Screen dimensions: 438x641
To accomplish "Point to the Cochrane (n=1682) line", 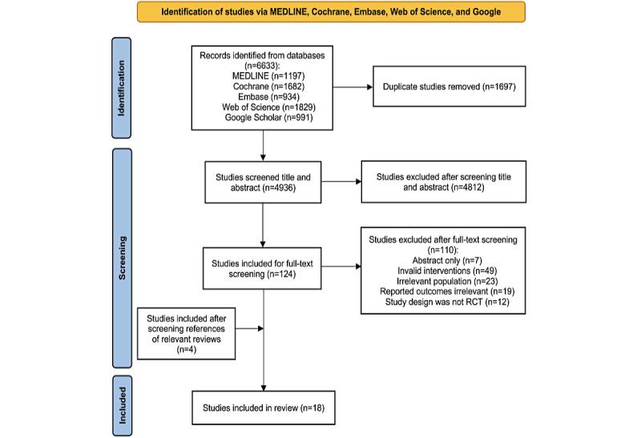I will click(x=263, y=85).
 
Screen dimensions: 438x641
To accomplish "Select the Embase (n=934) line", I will click(x=263, y=96).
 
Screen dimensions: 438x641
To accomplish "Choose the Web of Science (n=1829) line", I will click(x=263, y=107).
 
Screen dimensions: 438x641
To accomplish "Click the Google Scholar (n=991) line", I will click(x=263, y=119).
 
